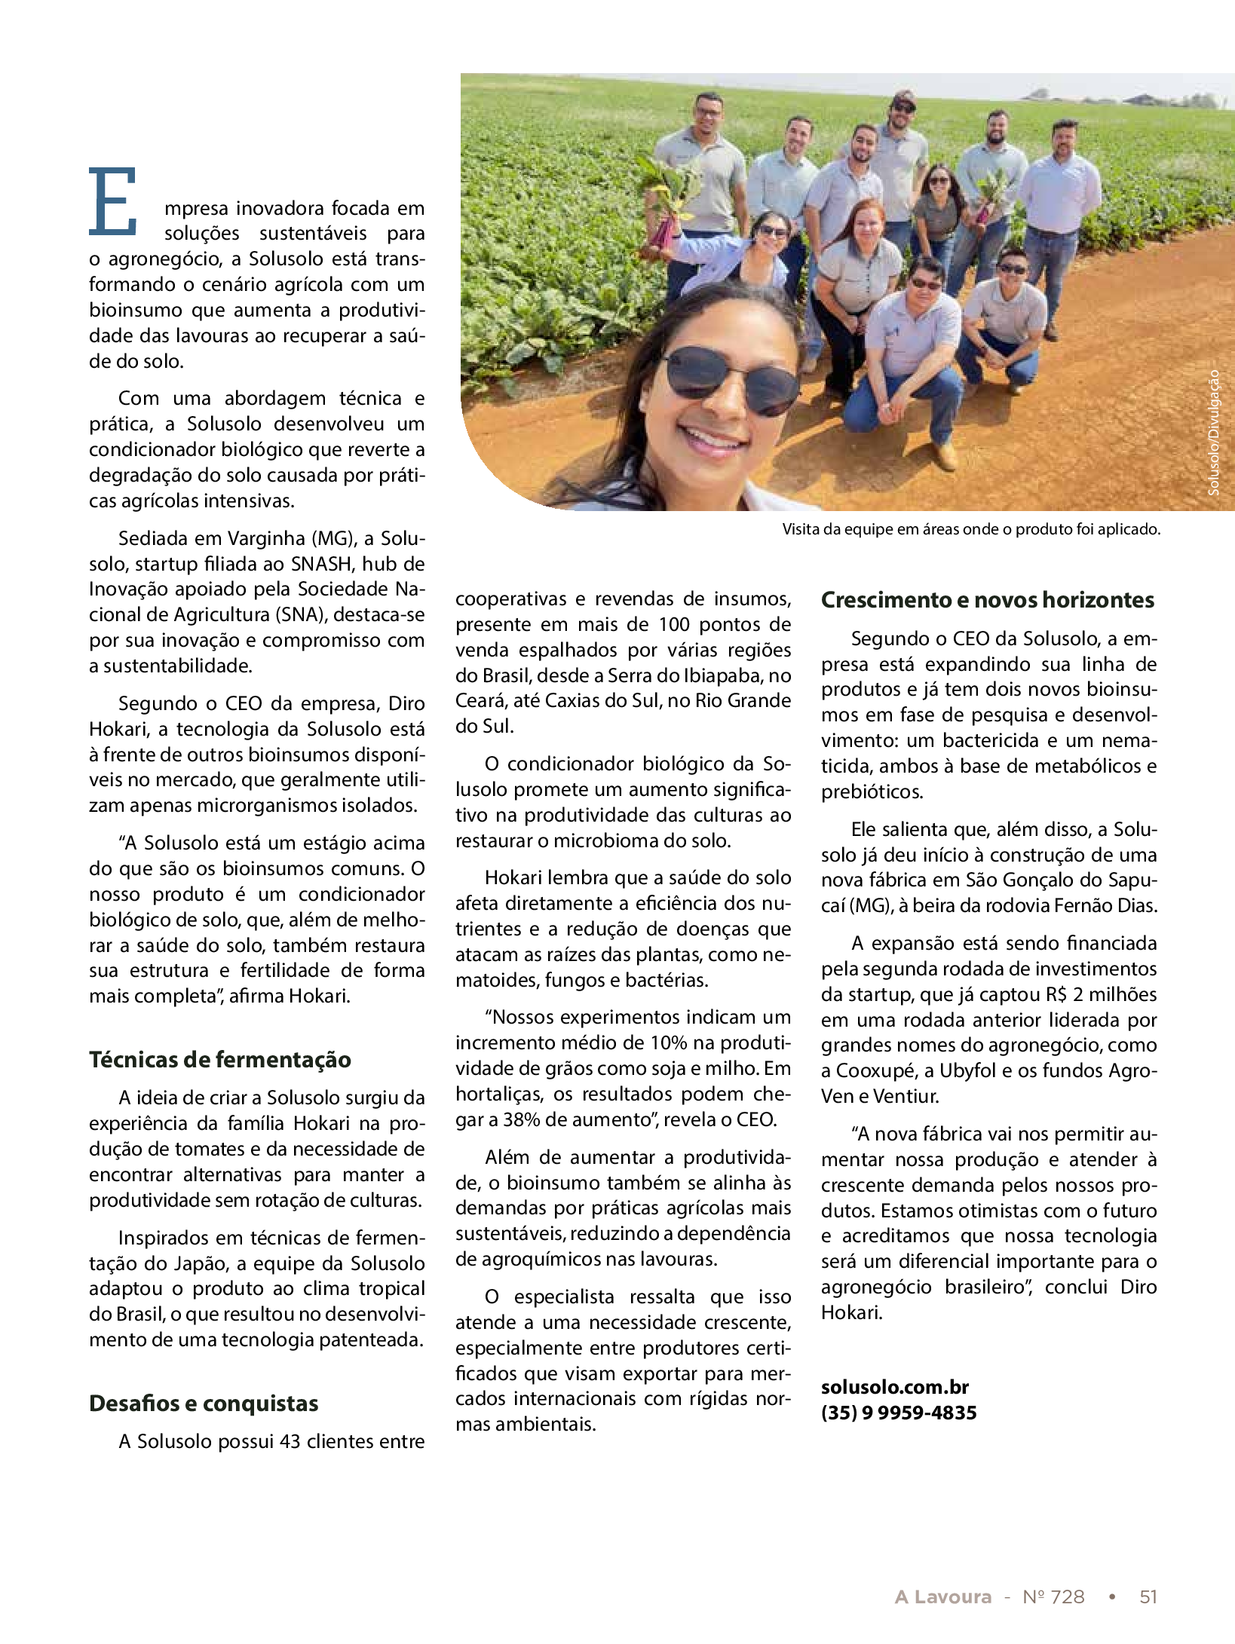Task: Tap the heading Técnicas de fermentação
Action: pyautogui.click(x=220, y=1059)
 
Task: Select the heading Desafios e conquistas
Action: pyautogui.click(x=204, y=1403)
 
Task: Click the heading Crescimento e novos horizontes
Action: pyautogui.click(x=987, y=599)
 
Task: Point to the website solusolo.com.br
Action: pyautogui.click(x=894, y=1387)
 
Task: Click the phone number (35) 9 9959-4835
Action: pyautogui.click(x=899, y=1413)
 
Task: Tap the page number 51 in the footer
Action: pyautogui.click(x=1148, y=1591)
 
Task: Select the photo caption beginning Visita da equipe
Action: pyautogui.click(x=970, y=529)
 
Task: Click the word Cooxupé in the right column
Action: pyautogui.click(x=872, y=1070)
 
